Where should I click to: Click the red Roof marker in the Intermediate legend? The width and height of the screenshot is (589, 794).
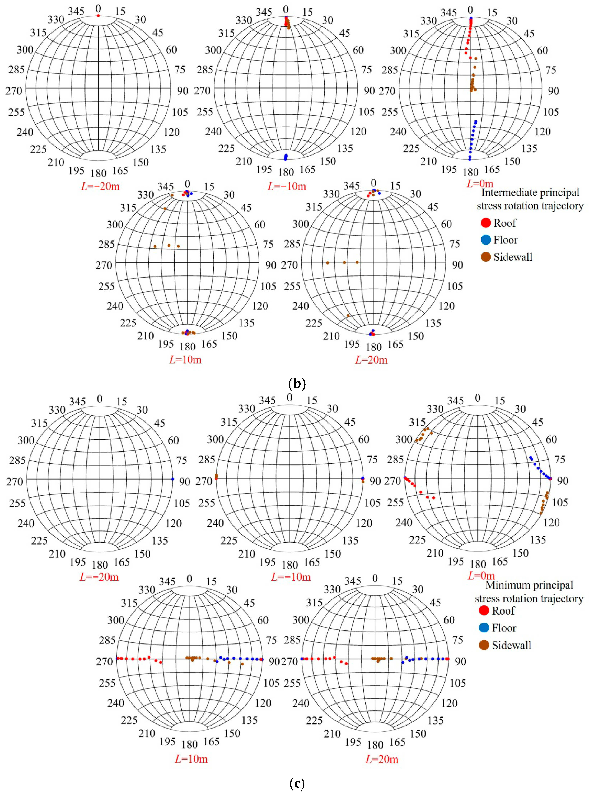486,223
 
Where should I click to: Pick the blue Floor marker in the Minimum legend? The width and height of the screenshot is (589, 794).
484,628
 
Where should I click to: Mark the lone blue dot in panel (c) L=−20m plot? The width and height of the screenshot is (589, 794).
173,479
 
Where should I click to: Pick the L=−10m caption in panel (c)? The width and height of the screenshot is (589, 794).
291,577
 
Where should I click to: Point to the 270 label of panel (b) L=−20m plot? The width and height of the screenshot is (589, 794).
14,91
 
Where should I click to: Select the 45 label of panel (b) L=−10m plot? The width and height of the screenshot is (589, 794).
344,34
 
